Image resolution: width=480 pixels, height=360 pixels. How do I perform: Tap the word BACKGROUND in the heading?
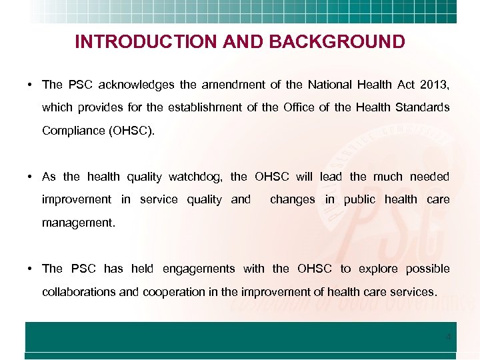[x=337, y=42]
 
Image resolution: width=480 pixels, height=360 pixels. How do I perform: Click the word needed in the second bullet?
[x=430, y=177]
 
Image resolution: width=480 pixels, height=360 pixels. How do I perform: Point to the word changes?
[x=293, y=199]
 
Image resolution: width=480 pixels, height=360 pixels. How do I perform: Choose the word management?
[x=78, y=223]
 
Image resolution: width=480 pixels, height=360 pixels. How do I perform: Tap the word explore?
[x=377, y=269]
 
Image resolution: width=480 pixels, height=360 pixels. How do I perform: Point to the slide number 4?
[x=448, y=337]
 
